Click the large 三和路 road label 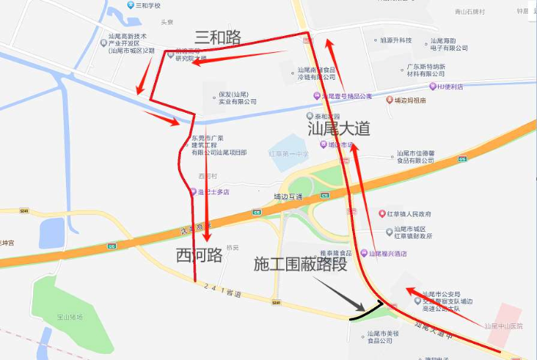[x=218, y=37]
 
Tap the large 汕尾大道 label [x=338, y=127]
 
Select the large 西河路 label [x=199, y=254]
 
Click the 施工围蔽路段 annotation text [x=300, y=264]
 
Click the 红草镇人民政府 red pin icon [x=382, y=214]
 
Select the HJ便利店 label [x=450, y=87]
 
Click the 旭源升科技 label [x=396, y=40]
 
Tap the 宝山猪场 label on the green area [x=68, y=316]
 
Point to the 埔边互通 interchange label [x=288, y=197]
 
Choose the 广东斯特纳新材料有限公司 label [x=426, y=70]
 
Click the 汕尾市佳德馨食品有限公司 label [x=415, y=157]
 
